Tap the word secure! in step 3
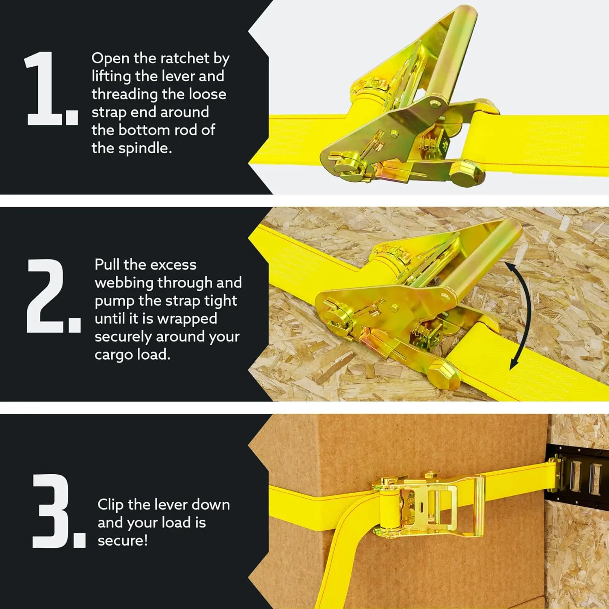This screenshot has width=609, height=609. click(123, 541)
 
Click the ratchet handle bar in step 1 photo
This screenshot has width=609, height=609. click(449, 55)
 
